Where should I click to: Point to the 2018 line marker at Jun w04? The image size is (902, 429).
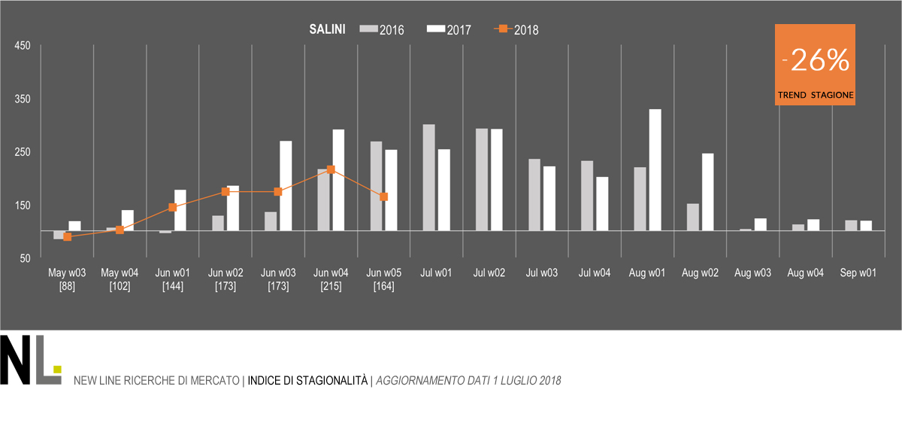point(331,169)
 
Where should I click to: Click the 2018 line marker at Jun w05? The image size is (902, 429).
point(383,196)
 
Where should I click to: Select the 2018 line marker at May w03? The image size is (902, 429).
point(68,236)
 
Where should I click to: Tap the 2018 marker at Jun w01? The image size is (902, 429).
point(173,207)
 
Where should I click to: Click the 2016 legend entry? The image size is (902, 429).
point(383,30)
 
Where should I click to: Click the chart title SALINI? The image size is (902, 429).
point(327,30)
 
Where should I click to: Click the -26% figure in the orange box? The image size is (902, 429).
point(816,62)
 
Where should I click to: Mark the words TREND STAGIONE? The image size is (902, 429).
point(816,96)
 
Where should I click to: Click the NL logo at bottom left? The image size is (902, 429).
point(30,361)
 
